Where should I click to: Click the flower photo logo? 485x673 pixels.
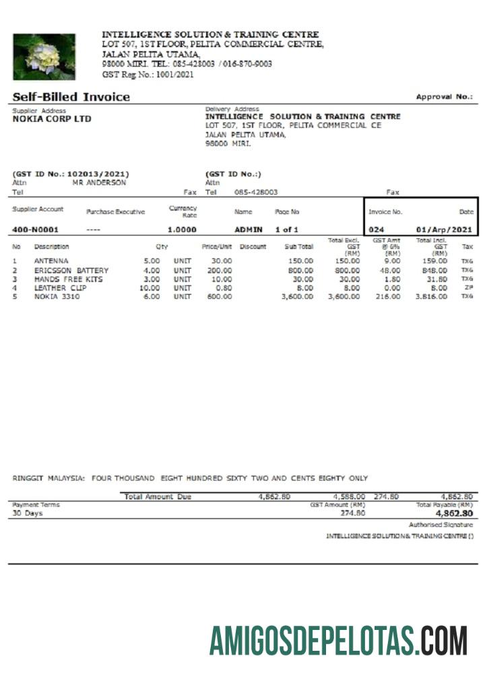pyautogui.click(x=44, y=57)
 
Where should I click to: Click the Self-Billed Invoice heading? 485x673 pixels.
pyautogui.click(x=71, y=97)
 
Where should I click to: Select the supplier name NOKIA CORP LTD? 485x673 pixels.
pyautogui.click(x=52, y=119)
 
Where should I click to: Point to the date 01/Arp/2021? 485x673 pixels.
pyautogui.click(x=445, y=229)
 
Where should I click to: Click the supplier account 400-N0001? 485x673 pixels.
pyautogui.click(x=35, y=229)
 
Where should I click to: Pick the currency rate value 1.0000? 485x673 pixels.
pyautogui.click(x=182, y=229)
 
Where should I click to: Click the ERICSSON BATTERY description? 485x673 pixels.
pyautogui.click(x=71, y=271)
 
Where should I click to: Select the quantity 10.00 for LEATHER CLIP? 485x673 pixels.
pyautogui.click(x=149, y=287)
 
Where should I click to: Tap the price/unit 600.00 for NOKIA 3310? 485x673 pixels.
pyautogui.click(x=220, y=296)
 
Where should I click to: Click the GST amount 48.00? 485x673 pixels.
pyautogui.click(x=389, y=271)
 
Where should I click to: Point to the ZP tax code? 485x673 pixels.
pyautogui.click(x=467, y=287)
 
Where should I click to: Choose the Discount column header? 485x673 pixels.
pyautogui.click(x=253, y=247)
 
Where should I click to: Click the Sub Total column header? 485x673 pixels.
pyautogui.click(x=299, y=247)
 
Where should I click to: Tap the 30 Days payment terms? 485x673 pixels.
pyautogui.click(x=28, y=513)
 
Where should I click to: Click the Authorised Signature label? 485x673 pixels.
pyautogui.click(x=441, y=524)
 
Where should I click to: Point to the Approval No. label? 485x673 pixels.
pyautogui.click(x=444, y=97)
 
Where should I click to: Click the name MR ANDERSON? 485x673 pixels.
pyautogui.click(x=98, y=182)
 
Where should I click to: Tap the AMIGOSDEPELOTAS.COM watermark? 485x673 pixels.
pyautogui.click(x=338, y=640)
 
